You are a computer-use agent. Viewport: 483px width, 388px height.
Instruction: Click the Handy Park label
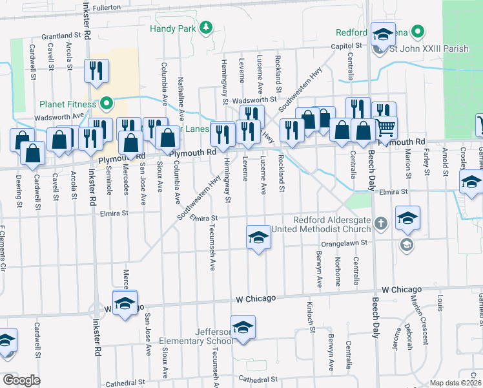click(172, 28)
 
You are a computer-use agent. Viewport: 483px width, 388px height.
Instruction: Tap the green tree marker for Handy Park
click(205, 27)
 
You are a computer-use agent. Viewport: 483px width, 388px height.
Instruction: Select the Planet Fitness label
click(67, 103)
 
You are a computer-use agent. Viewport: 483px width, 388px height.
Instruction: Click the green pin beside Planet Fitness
click(105, 103)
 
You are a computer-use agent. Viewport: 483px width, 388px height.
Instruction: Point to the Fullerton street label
click(107, 7)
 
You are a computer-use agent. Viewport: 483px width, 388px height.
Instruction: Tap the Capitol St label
click(346, 46)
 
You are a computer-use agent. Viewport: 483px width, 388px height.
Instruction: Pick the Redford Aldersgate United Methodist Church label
click(332, 224)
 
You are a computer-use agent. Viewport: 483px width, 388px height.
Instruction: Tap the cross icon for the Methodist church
click(381, 223)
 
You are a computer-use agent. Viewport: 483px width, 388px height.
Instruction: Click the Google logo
click(21, 380)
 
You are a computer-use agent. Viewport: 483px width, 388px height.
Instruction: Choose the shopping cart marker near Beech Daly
click(385, 127)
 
